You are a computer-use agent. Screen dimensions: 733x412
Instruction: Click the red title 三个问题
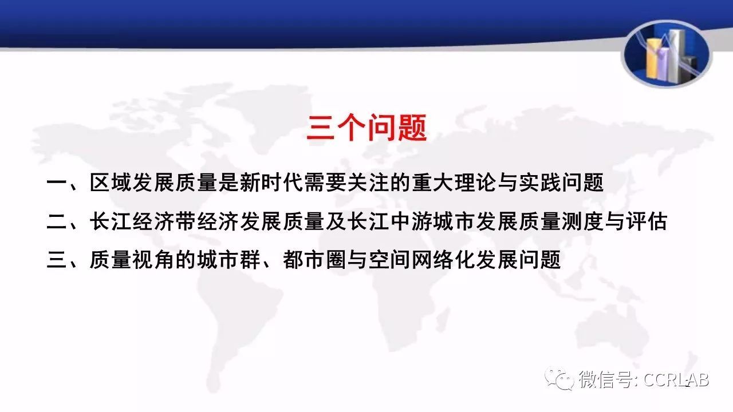pyautogui.click(x=366, y=128)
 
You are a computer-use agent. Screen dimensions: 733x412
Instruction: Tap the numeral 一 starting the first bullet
pyautogui.click(x=57, y=183)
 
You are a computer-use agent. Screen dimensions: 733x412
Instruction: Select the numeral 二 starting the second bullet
pyautogui.click(x=57, y=221)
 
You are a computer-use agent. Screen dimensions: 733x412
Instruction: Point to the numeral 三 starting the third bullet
pyautogui.click(x=57, y=260)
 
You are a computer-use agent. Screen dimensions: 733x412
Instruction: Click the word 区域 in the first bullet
pyautogui.click(x=111, y=183)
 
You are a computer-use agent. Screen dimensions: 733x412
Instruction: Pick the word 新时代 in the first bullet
pyautogui.click(x=271, y=183)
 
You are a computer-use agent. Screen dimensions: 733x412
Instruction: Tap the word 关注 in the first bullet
pyautogui.click(x=368, y=183)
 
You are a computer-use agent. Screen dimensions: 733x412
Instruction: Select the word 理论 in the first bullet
pyautogui.click(x=475, y=183)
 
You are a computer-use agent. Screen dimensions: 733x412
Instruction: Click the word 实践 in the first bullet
pyautogui.click(x=539, y=183)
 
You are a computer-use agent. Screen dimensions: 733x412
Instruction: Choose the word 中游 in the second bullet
pyautogui.click(x=411, y=221)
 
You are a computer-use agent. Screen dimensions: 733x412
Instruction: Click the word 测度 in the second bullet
pyautogui.click(x=582, y=221)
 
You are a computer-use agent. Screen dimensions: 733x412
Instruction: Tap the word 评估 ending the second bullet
pyautogui.click(x=647, y=221)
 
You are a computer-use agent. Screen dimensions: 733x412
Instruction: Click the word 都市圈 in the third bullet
pyautogui.click(x=314, y=260)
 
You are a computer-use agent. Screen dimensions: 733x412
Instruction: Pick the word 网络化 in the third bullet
pyautogui.click(x=443, y=260)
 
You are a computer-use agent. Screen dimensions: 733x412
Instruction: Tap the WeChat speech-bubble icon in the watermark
pyautogui.click(x=559, y=379)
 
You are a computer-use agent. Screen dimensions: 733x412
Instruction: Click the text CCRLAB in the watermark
pyautogui.click(x=676, y=380)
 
